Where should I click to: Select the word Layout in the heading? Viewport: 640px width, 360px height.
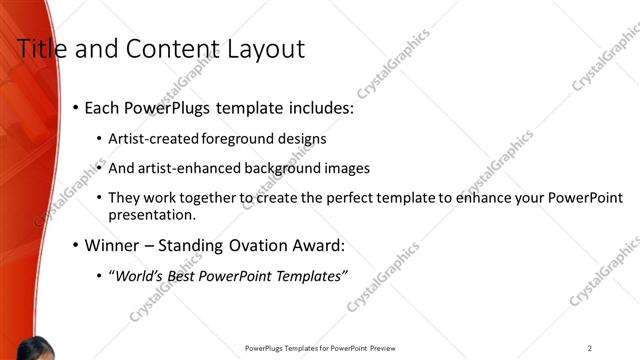(x=269, y=48)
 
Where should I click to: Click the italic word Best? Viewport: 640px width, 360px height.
(x=190, y=276)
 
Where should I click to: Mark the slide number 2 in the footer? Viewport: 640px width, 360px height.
(x=590, y=348)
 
